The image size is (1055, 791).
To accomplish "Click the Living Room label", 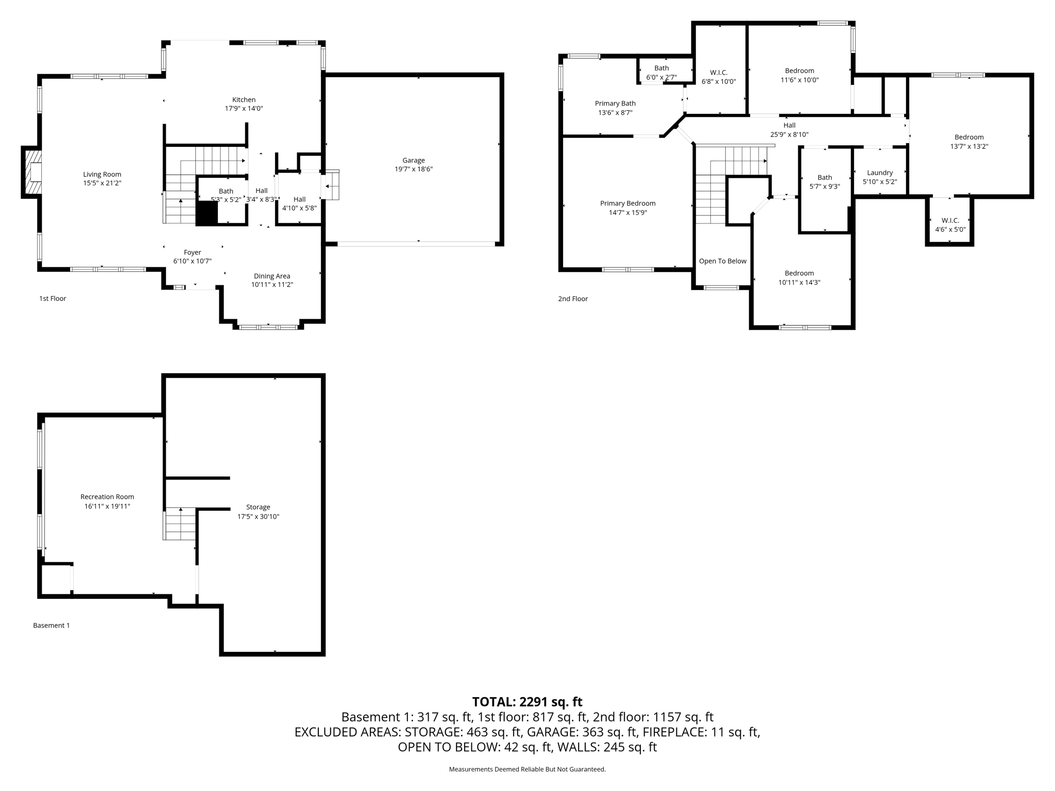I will coord(102,175).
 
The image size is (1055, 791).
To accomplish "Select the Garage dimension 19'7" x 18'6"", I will coord(413,169).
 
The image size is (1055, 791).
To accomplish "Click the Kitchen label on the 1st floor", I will coord(244,99).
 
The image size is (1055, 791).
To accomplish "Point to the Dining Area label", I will coord(271,276).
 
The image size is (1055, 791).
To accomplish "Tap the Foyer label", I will coord(192,252).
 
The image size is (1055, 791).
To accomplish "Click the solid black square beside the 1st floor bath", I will coord(207,213).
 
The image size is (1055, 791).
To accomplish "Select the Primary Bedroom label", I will coord(627,203).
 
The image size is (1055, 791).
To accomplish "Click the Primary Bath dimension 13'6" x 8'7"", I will coord(615,112).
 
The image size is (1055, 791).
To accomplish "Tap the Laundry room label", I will coord(879,173).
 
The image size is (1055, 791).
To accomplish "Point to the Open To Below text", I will coord(722,261).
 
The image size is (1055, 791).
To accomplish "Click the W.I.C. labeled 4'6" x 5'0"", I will coord(950,225).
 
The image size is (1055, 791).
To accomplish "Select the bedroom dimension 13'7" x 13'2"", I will coord(969,146).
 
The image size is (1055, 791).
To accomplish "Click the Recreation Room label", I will coord(107,497).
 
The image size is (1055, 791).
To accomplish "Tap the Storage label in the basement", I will coord(258,507).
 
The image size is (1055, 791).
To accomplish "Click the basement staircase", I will coord(180,524).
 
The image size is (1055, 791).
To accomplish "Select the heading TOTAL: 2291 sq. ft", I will coord(527,701).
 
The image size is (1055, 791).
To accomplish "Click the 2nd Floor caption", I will coord(572,299).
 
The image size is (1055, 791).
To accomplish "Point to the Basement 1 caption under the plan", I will coord(51,625).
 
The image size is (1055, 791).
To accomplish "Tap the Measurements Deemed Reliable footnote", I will coord(527,769).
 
